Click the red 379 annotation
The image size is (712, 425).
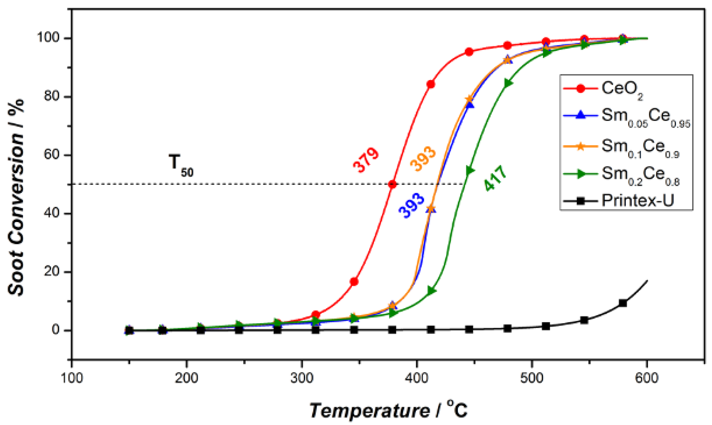click(x=366, y=160)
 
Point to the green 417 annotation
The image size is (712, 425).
click(x=495, y=178)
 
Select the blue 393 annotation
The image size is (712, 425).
click(x=412, y=205)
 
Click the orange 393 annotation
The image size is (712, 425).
click(x=423, y=159)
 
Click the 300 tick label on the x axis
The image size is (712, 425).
click(x=302, y=378)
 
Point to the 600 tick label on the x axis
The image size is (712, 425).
click(x=647, y=378)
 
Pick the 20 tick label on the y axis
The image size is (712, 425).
click(x=52, y=271)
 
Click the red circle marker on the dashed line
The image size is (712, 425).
click(x=392, y=184)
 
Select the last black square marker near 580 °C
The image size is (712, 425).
click(x=623, y=303)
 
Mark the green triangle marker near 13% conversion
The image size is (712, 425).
click(x=432, y=291)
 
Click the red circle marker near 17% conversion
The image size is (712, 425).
click(x=354, y=282)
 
